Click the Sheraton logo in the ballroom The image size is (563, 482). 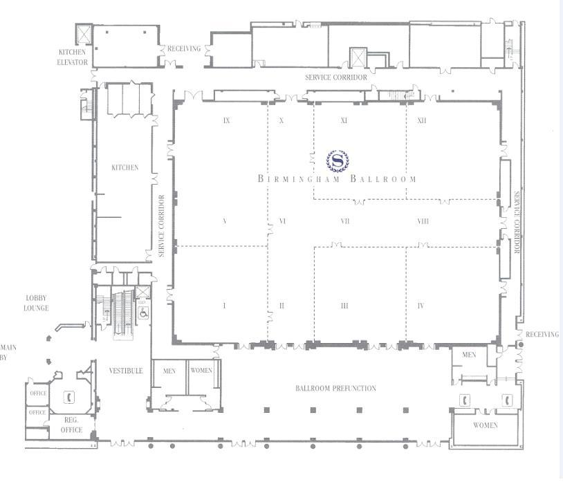point(338,160)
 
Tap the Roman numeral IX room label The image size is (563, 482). point(226,120)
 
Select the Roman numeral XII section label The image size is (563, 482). point(422,120)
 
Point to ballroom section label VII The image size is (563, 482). point(344,221)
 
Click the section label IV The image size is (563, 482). point(421,306)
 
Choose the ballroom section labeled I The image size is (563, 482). point(225,306)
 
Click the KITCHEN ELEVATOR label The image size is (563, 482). point(73,57)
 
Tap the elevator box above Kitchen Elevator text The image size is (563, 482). point(83,34)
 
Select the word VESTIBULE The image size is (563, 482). point(126,371)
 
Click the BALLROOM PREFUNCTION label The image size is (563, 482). point(336,389)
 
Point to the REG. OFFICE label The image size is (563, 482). point(72,425)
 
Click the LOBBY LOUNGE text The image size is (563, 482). point(36,303)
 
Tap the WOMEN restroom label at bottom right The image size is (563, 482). point(486,425)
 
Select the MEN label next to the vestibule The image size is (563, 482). point(169,371)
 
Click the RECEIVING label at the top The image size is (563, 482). point(184,48)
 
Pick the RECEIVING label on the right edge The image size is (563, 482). point(542,335)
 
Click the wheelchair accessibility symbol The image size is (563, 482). point(143,312)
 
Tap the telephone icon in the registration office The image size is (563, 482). point(69,397)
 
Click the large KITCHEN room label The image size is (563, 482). point(124,167)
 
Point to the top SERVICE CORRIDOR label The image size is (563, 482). point(336,77)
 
